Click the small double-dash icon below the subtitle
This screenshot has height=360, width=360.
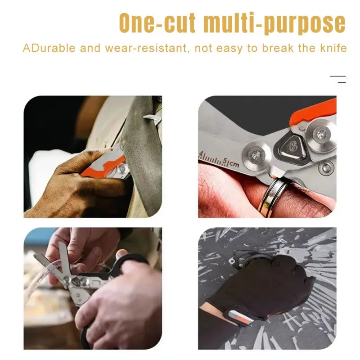click(x=338, y=80)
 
